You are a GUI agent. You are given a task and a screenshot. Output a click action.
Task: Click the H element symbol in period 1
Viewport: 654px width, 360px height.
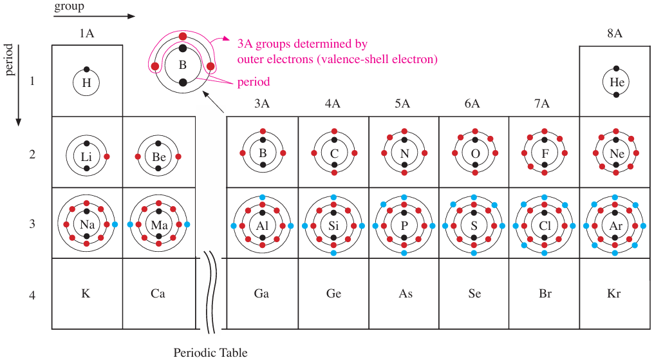86,82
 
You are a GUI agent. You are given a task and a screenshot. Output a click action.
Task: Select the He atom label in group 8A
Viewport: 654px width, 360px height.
617,82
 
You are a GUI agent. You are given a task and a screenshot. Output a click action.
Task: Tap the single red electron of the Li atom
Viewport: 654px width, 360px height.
107,156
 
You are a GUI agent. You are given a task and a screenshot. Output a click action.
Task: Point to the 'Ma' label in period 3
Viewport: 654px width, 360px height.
158,225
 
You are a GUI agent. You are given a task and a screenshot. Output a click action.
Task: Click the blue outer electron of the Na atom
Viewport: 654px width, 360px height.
115,224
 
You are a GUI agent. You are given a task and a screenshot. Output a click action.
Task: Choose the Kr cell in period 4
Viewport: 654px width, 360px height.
614,294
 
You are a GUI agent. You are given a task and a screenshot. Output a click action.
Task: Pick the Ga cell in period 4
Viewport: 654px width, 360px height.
261,294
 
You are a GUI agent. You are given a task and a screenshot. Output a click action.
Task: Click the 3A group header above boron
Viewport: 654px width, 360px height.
261,103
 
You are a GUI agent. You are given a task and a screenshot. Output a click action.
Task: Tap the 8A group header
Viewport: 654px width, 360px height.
615,33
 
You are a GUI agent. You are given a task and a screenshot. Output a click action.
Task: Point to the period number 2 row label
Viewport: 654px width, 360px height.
32,155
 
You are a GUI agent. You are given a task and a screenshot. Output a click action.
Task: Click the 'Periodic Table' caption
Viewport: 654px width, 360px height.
210,352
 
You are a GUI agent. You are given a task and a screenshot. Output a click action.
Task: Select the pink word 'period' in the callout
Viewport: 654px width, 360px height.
254,82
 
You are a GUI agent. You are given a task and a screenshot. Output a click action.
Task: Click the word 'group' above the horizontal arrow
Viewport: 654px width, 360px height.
69,6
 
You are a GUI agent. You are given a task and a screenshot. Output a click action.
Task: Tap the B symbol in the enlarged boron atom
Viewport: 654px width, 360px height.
183,65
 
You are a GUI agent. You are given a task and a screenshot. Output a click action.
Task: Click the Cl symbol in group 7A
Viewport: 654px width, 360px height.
545,225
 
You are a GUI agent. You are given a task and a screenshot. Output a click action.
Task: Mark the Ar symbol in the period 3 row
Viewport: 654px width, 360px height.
616,225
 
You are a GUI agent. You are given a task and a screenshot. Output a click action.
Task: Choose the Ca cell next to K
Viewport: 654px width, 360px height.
158,294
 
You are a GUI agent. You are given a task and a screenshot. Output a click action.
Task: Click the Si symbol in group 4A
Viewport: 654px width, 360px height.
333,225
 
